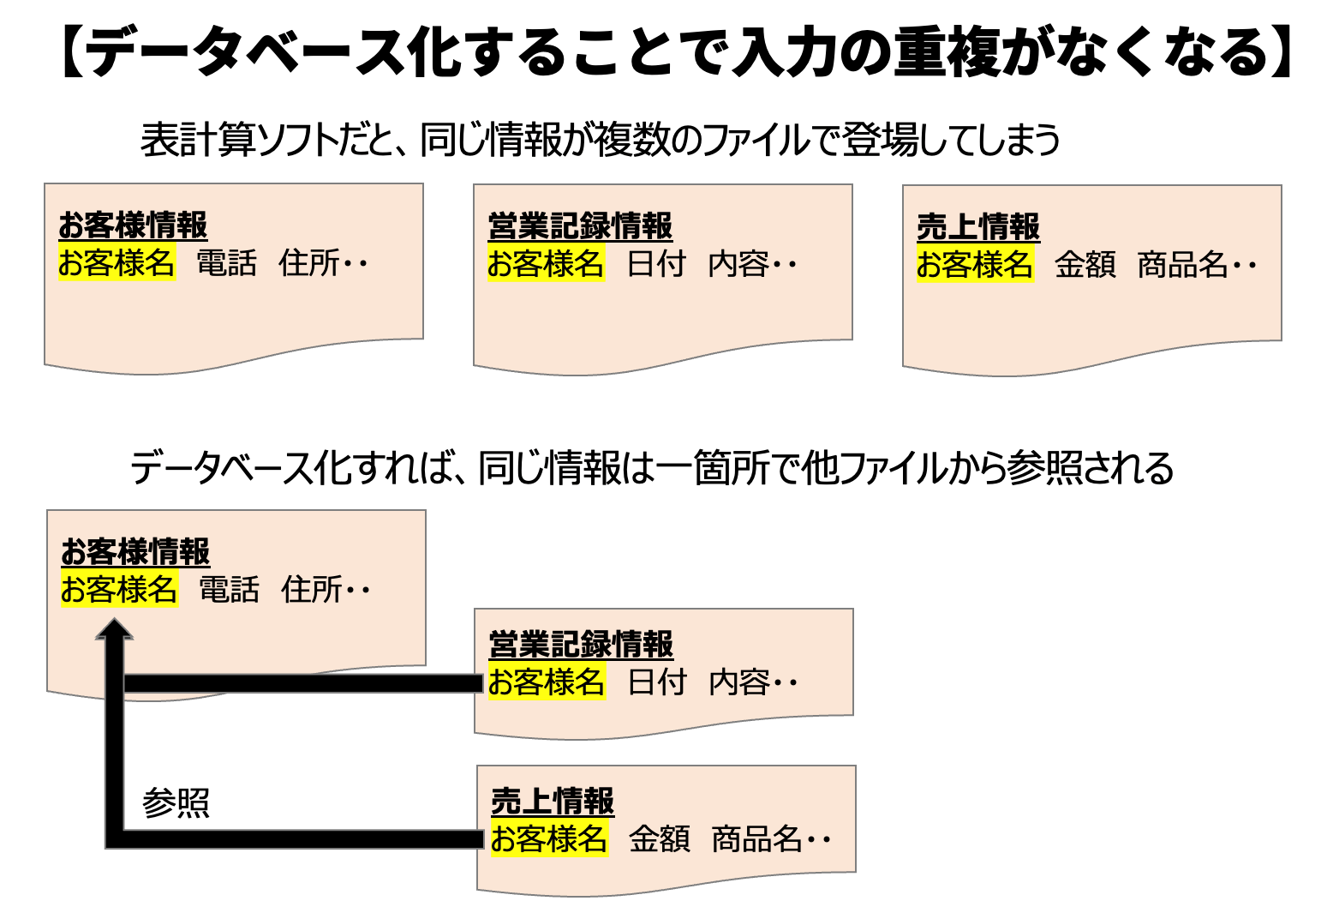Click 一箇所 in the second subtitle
coord(714,468)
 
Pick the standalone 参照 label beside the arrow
coord(176,803)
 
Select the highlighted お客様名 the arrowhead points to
coord(119,590)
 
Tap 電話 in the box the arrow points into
coord(229,590)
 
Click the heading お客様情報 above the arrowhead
coord(135,551)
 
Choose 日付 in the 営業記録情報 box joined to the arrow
coord(657,682)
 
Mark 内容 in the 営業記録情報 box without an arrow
coord(739,264)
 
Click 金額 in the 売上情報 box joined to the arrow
coord(659,838)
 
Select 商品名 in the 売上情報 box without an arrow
coord(1184,265)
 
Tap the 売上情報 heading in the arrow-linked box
coord(553,801)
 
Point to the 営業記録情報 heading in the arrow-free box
coord(580,226)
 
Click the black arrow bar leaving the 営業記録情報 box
coord(300,683)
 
